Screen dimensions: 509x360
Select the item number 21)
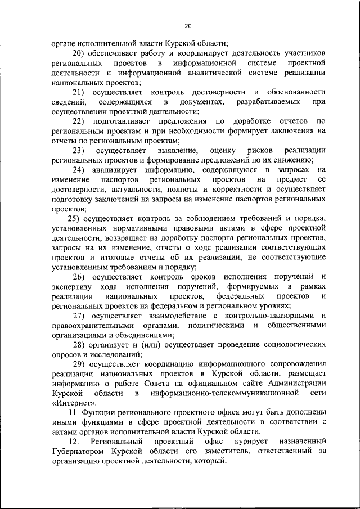(x=83, y=92)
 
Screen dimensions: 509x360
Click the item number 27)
(x=83, y=316)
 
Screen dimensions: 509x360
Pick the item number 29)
(x=83, y=364)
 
